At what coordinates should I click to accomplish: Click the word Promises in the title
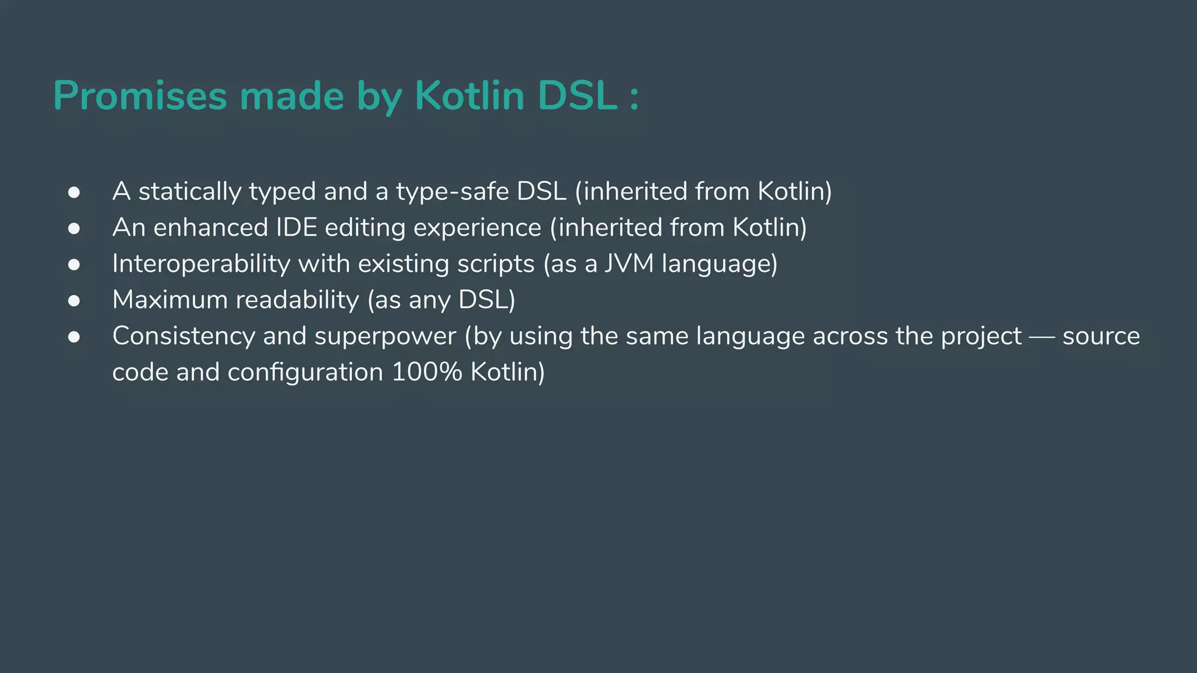[140, 95]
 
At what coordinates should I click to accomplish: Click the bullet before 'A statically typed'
[74, 192]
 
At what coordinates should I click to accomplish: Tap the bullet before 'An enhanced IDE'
[74, 228]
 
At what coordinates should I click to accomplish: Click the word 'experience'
[477, 228]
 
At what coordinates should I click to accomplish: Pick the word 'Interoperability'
[201, 264]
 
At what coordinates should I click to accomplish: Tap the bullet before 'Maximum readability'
[74, 301]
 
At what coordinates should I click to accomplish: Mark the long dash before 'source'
[1042, 337]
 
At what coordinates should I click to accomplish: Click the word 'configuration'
[305, 372]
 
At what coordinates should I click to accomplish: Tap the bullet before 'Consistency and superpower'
[74, 337]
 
